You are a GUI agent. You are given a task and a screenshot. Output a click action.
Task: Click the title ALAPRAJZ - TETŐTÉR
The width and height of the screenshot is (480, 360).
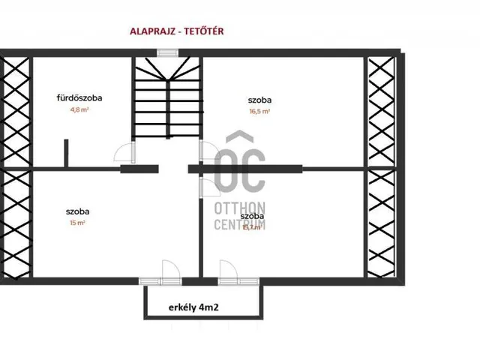tap(178, 31)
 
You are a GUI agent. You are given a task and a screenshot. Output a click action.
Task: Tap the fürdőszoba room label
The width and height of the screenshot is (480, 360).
tap(79, 98)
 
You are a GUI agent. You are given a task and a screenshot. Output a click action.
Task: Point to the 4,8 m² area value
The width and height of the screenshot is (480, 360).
tap(79, 109)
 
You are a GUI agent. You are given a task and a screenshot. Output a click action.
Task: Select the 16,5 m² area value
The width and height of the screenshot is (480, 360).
tap(259, 111)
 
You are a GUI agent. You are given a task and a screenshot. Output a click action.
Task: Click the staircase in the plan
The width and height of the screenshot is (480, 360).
tap(168, 100)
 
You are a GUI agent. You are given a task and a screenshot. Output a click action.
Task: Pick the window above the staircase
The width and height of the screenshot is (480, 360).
tap(168, 52)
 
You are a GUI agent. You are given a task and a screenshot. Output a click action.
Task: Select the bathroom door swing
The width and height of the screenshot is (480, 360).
tap(121, 154)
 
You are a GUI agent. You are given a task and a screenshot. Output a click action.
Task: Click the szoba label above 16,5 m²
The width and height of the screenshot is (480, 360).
tap(259, 99)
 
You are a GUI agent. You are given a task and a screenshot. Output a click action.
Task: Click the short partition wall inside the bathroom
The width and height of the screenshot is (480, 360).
tap(67, 153)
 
